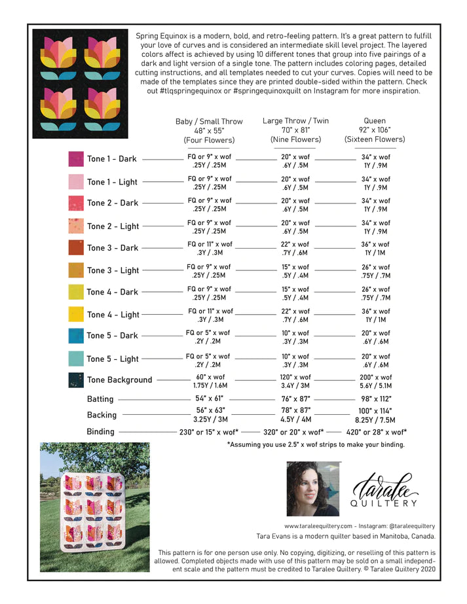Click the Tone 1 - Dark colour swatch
(x=76, y=158)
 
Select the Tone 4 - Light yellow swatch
(x=76, y=314)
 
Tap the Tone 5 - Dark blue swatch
(x=76, y=336)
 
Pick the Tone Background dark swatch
(x=76, y=380)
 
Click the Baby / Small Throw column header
(x=209, y=130)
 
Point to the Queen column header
(x=375, y=130)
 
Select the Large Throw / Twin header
(x=295, y=130)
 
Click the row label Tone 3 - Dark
(x=113, y=248)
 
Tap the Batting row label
(x=101, y=399)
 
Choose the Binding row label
(x=100, y=432)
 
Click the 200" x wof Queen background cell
(x=375, y=378)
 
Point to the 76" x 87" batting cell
(x=295, y=399)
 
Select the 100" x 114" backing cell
(x=375, y=410)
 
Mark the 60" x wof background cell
(x=209, y=378)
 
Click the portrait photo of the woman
(x=313, y=488)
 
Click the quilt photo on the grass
(x=95, y=507)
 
